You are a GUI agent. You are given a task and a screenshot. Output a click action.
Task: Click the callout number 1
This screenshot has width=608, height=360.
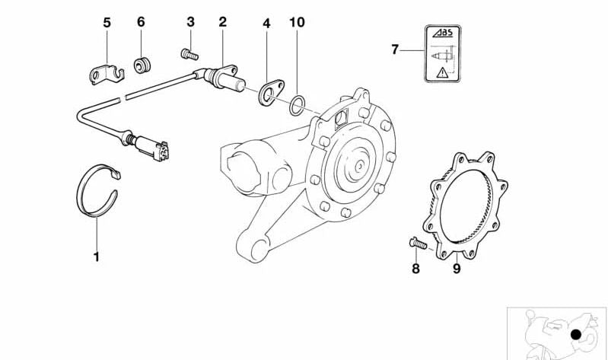tap(96, 256)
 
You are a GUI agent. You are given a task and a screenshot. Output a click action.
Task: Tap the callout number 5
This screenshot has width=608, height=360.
tap(107, 23)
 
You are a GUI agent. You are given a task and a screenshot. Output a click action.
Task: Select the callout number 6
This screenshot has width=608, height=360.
tap(141, 23)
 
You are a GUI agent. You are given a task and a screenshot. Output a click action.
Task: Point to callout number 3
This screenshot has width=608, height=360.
tap(190, 22)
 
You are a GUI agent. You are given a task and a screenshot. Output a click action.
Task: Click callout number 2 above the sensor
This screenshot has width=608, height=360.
tap(222, 22)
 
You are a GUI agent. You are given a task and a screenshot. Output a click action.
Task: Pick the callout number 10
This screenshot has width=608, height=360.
tap(297, 23)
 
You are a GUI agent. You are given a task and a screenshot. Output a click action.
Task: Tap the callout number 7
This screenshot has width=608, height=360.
tap(395, 50)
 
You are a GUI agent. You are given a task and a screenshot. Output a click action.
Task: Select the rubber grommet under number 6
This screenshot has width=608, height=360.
tap(141, 64)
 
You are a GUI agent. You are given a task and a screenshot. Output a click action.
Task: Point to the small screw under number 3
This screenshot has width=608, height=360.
tap(188, 54)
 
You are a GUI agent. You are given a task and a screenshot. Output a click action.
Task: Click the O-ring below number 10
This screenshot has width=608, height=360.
tap(298, 105)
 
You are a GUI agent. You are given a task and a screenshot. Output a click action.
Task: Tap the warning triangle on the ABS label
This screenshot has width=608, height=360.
tap(442, 74)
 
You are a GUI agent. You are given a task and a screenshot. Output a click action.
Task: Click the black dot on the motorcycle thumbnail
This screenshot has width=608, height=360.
tap(577, 334)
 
